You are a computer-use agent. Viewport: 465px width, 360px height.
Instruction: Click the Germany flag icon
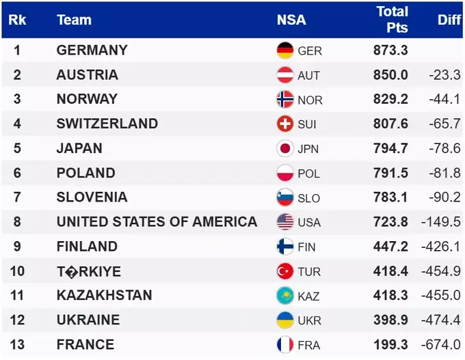point(285,51)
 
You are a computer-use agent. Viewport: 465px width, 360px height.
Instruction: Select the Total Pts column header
point(392,19)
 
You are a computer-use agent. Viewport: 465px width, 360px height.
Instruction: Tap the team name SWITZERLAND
point(107,124)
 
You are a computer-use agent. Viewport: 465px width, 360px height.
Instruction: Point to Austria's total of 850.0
point(390,75)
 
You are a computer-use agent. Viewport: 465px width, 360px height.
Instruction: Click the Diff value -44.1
point(444,100)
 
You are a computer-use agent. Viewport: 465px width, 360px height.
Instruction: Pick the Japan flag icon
point(285,149)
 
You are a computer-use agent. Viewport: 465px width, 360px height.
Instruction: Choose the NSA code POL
point(308,174)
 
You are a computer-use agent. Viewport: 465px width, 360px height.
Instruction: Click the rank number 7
point(17,197)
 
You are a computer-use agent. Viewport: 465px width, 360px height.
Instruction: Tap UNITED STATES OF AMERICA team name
point(157,222)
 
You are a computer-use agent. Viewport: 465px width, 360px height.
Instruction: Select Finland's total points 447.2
point(390,247)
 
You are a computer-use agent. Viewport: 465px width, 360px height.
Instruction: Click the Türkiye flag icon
point(285,271)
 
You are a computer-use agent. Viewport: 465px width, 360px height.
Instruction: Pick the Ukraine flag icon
point(285,320)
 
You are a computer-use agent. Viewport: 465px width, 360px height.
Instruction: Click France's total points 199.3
point(390,344)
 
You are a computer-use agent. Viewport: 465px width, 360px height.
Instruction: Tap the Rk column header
point(17,20)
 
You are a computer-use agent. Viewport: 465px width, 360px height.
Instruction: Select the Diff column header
point(449,20)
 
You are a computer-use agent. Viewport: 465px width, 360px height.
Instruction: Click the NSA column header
point(291,20)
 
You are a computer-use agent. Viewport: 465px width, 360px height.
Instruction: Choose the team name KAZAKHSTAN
point(104,296)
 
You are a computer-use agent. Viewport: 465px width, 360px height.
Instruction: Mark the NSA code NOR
point(310,100)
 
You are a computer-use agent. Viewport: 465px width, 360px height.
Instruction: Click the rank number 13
point(17,344)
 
